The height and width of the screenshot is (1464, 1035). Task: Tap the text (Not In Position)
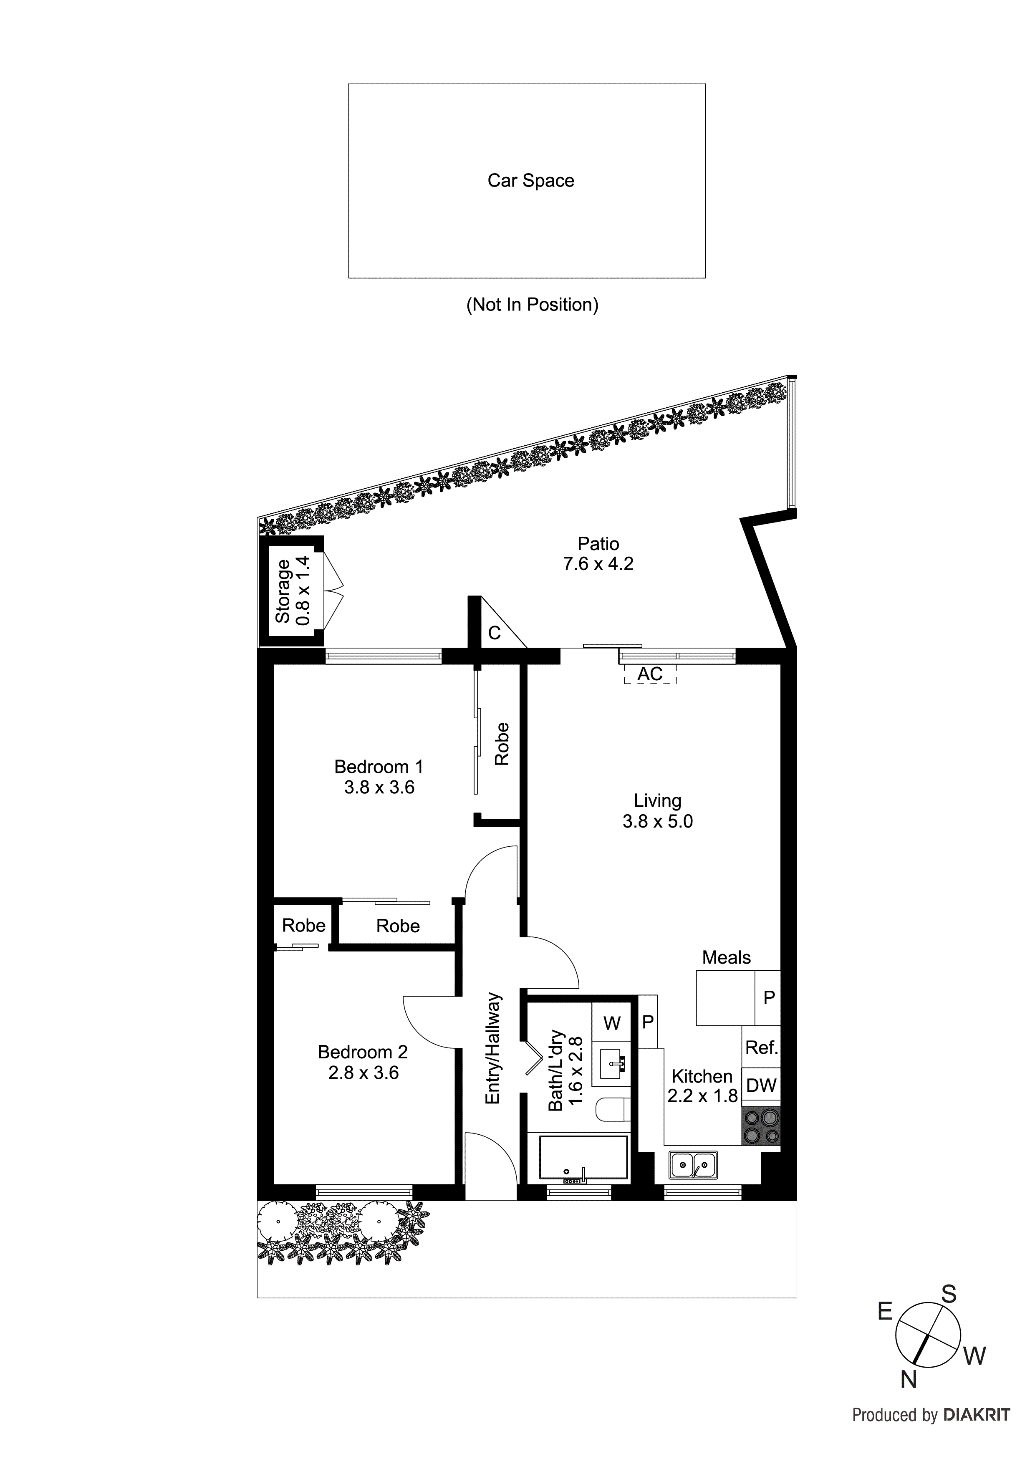click(x=532, y=305)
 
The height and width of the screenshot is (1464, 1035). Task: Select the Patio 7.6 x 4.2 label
click(x=598, y=553)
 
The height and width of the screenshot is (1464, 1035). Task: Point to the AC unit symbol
click(x=649, y=674)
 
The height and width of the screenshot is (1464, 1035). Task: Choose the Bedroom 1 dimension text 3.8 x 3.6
click(x=379, y=788)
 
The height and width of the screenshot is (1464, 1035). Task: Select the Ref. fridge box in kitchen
click(x=761, y=1047)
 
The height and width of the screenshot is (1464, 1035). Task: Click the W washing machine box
click(x=611, y=1023)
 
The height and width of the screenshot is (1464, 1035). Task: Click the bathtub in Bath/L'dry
click(x=583, y=1157)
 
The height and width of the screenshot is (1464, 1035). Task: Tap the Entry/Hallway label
click(x=493, y=1049)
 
